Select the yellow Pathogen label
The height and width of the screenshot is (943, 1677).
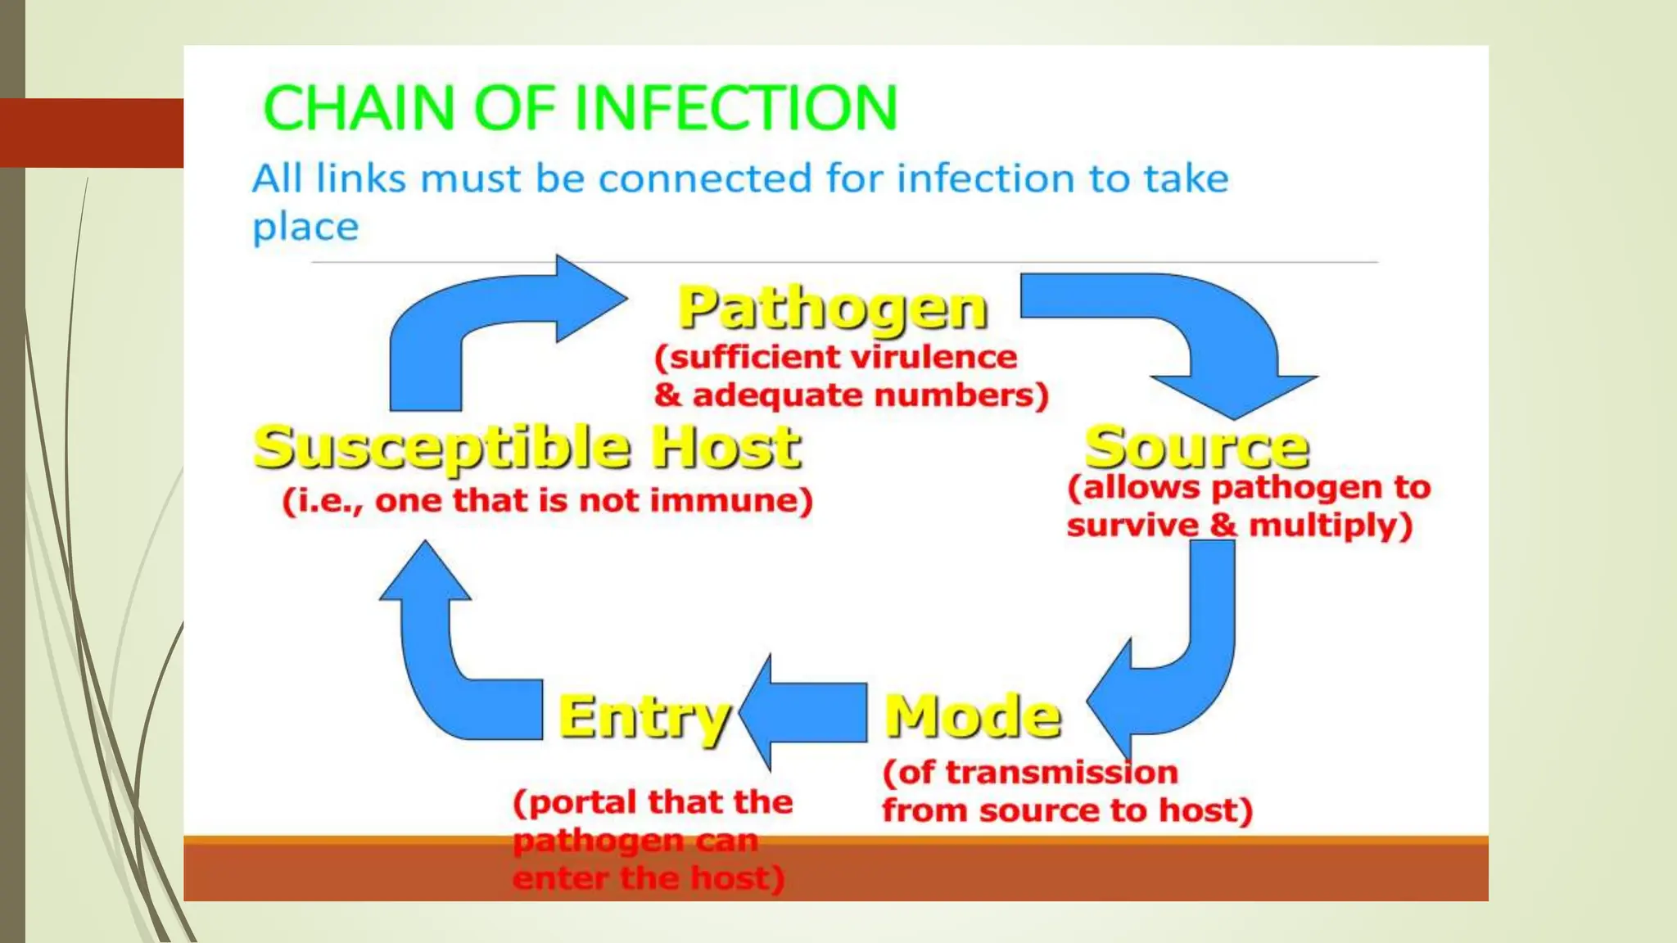(x=833, y=309)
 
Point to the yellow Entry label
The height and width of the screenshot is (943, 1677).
(x=644, y=717)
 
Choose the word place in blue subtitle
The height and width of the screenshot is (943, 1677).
(x=305, y=228)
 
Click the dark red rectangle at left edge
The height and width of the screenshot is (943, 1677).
(x=92, y=133)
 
